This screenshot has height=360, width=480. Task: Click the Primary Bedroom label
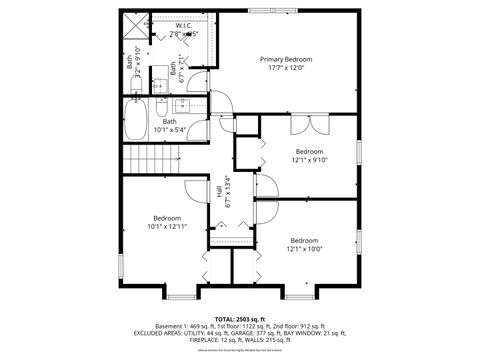(x=287, y=60)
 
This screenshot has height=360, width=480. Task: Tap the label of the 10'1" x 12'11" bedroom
(x=167, y=217)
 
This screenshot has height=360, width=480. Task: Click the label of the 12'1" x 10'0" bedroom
(x=304, y=240)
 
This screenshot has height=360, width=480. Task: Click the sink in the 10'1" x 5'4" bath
(x=184, y=106)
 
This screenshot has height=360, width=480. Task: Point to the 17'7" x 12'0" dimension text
(x=287, y=69)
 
